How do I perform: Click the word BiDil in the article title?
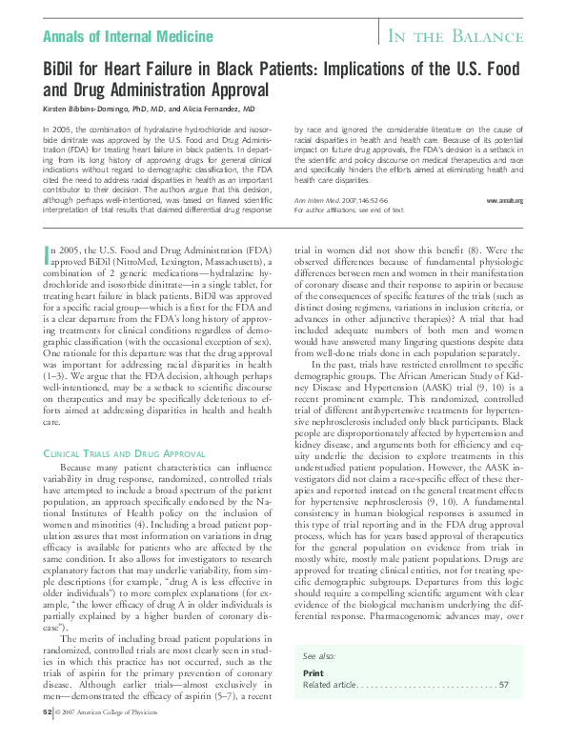(x=67, y=71)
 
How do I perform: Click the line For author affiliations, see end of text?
(x=350, y=210)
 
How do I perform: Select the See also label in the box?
(x=319, y=656)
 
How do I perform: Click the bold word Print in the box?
(x=313, y=673)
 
